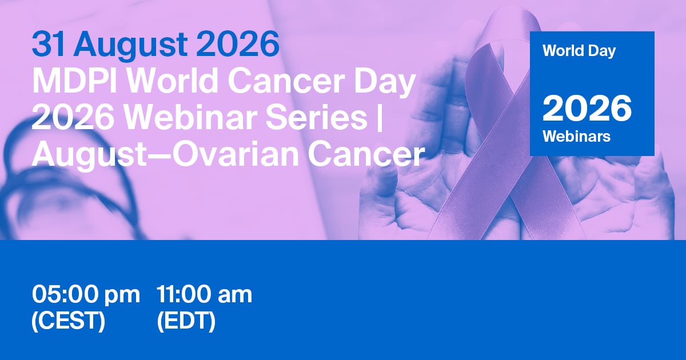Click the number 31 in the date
(x=49, y=44)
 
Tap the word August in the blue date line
(x=130, y=46)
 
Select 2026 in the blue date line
(x=238, y=44)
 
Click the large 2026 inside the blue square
(x=587, y=109)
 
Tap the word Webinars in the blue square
(x=576, y=136)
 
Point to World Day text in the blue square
(x=579, y=51)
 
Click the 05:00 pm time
(x=86, y=295)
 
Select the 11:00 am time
(x=204, y=294)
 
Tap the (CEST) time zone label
(x=68, y=321)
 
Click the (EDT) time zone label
(x=186, y=321)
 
